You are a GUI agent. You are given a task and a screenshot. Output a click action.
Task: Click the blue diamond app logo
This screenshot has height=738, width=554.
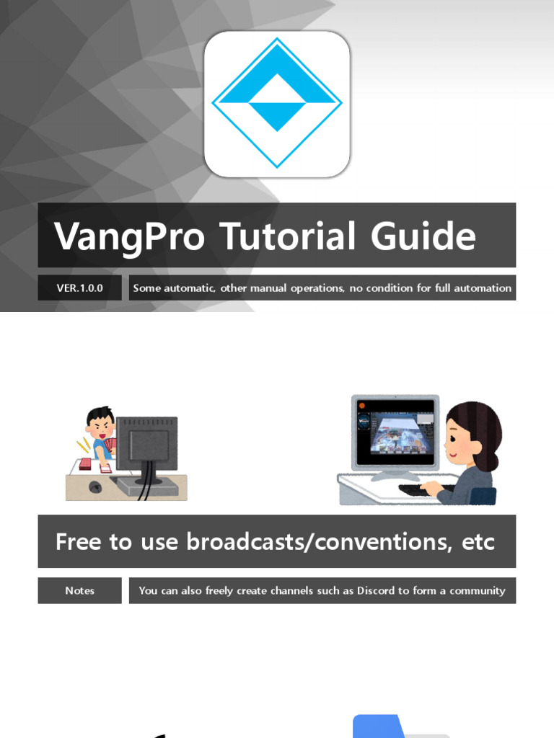coord(277,103)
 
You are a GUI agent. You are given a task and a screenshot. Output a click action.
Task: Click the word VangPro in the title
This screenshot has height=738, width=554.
coord(130,236)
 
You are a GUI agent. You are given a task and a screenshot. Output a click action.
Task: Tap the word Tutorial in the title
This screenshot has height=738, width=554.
coord(287,236)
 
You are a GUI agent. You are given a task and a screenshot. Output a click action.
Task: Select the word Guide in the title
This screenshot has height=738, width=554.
coord(423,236)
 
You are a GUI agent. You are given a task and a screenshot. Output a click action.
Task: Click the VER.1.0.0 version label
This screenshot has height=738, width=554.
coord(79,288)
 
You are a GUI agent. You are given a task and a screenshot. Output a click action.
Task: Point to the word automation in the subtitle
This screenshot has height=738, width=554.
coord(483,288)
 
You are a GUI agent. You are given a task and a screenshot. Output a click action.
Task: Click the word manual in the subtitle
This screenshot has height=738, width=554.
coord(268,288)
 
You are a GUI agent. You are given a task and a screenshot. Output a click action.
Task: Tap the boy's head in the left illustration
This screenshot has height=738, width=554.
coord(100,421)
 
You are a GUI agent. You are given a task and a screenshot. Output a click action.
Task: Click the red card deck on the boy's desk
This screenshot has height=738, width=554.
coord(86,463)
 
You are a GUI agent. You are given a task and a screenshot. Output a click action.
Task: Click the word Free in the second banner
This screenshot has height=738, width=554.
coord(78,541)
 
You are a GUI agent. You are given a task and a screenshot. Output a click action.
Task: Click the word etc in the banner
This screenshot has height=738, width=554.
coord(478,542)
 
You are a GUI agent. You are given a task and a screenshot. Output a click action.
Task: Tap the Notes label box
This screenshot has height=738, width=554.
coord(79,590)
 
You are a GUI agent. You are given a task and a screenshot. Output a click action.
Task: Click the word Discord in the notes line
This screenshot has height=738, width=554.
coord(376,590)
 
